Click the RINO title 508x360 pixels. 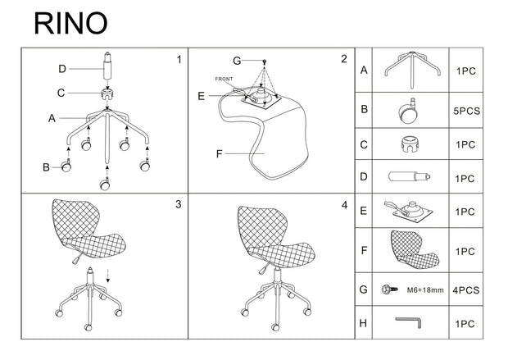(x=70, y=23)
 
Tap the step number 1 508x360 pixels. (x=179, y=60)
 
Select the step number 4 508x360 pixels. (x=344, y=205)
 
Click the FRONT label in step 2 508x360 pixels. (x=224, y=79)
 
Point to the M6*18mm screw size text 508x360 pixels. (x=425, y=290)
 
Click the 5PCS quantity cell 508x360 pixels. (x=466, y=111)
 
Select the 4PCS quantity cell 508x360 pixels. (x=466, y=290)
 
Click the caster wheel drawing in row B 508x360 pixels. (x=408, y=111)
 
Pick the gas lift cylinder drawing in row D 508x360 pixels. (x=409, y=177)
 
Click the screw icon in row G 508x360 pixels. (x=389, y=289)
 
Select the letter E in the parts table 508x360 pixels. (x=364, y=211)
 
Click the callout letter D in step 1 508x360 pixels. (x=62, y=69)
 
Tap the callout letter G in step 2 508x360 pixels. (x=237, y=61)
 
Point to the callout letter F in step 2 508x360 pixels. (x=220, y=153)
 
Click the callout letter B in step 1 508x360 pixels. (x=47, y=167)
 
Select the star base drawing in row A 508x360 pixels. (x=412, y=70)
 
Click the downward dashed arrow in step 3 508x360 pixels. (x=108, y=276)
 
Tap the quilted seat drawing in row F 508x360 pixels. (x=415, y=248)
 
